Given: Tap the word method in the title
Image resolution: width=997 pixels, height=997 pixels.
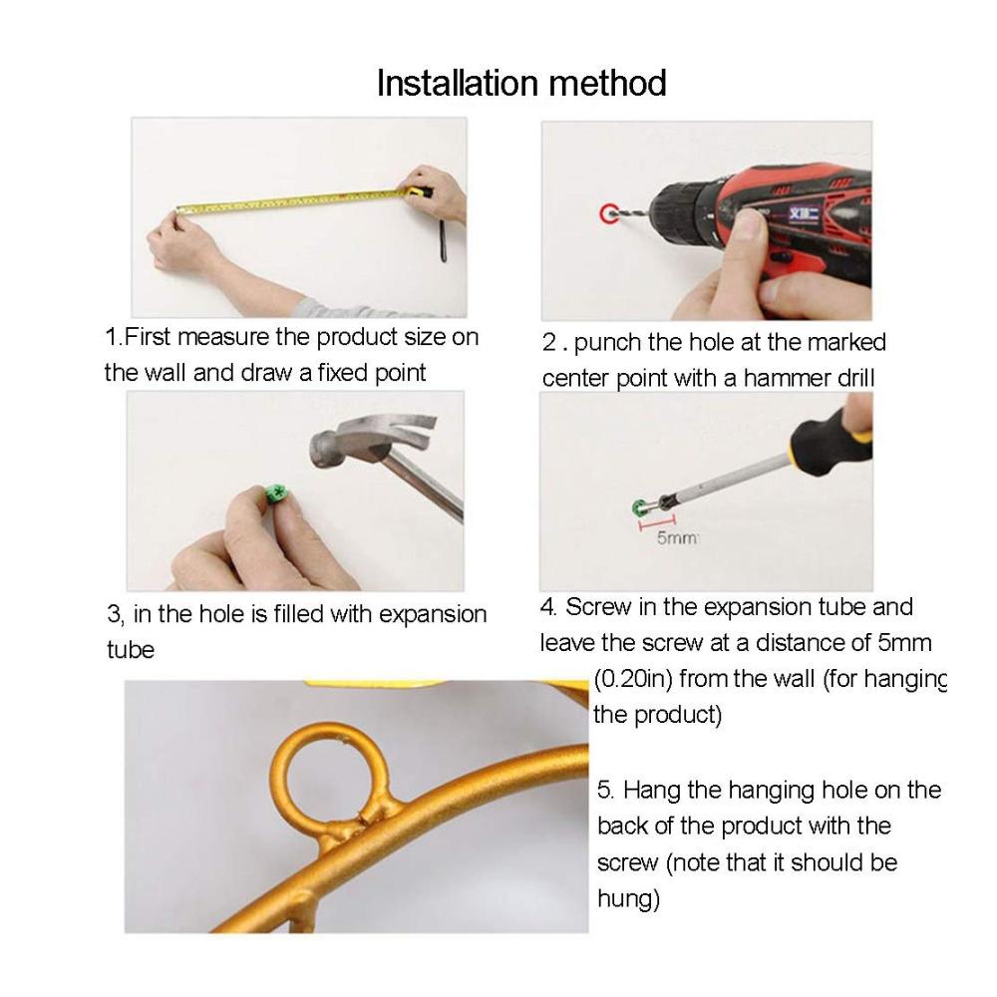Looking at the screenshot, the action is pos(607,84).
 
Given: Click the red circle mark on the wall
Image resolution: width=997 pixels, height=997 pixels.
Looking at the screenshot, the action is pos(608,213).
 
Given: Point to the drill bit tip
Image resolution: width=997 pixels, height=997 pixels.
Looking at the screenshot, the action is pos(612,215).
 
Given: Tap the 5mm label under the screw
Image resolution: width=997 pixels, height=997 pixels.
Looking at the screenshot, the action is pos(677,538).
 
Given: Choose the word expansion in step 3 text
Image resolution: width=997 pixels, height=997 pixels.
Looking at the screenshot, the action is pos(433,615).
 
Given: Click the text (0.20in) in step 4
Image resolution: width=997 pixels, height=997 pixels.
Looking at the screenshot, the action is pos(633,679).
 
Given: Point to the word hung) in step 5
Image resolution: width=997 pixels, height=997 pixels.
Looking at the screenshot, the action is pos(629,899).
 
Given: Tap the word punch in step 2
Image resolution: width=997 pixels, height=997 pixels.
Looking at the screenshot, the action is pos(608,343).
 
